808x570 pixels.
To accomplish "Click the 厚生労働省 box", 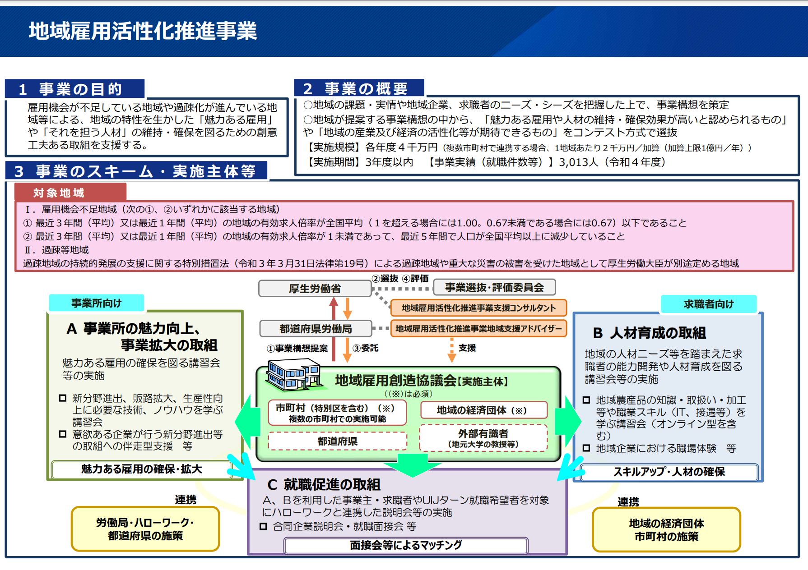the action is pos(315,289).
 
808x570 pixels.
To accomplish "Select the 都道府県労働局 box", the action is pos(316,329).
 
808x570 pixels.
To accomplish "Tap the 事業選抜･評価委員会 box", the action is pos(494,287).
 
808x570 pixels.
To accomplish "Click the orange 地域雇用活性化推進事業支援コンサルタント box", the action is pos(478,308).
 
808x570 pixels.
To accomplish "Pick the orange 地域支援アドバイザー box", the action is pos(478,329).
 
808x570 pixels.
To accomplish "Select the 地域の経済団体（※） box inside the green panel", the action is pos(483,410).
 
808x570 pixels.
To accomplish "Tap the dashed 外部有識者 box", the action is pos(483,438).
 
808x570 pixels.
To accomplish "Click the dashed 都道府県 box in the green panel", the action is pos(337,441).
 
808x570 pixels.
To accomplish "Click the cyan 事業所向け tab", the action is pos(97,303).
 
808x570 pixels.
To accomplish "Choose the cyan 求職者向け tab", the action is pos(709,304).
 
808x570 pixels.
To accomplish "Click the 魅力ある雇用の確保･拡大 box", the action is pos(142,469).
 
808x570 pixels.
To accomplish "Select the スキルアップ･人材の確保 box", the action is pos(669,472).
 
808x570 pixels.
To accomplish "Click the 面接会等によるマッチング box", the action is pos(405,545).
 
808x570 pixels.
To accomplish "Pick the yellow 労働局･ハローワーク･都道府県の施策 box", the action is pos(145,529).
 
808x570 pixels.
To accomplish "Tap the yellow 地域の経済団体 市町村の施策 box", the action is pos(666,530).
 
